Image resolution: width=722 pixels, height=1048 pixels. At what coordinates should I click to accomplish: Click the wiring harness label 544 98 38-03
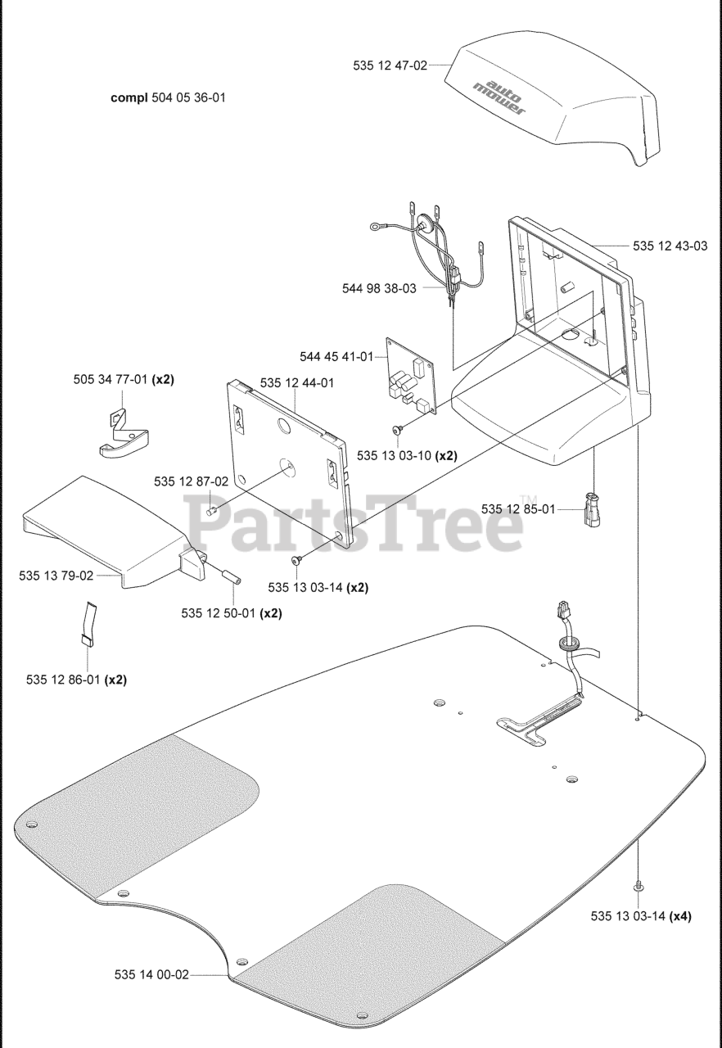(x=379, y=288)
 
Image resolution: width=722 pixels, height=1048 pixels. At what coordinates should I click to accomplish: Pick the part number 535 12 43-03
(x=670, y=246)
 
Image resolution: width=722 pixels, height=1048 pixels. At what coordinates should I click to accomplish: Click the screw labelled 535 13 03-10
(x=396, y=429)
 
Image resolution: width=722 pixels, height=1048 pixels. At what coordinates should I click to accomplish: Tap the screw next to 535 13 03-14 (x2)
(x=296, y=559)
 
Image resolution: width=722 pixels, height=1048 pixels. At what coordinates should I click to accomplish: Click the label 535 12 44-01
(x=296, y=382)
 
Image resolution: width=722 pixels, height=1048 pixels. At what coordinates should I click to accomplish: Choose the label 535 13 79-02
(x=56, y=576)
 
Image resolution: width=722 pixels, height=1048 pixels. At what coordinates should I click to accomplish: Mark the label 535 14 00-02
(x=151, y=974)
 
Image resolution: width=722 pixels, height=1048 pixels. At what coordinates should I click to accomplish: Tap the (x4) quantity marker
(x=679, y=916)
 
